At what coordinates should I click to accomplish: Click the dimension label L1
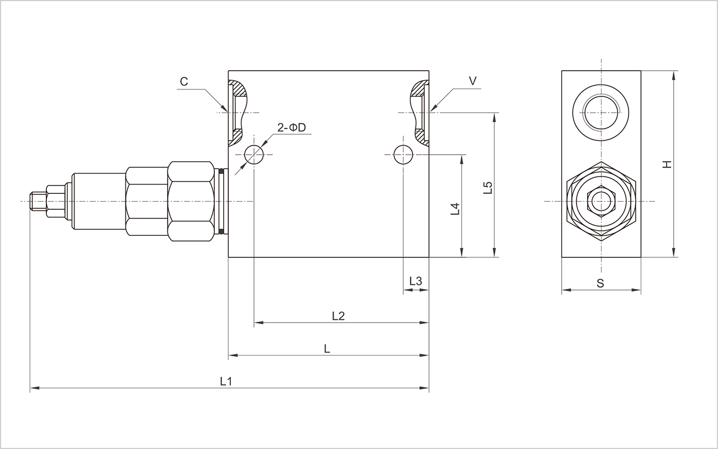225,381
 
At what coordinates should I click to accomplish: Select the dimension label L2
338,315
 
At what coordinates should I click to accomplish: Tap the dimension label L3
415,281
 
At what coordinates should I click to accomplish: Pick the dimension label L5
487,188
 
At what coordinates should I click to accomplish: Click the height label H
667,164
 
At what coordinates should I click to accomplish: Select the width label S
600,283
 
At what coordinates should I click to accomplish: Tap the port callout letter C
184,82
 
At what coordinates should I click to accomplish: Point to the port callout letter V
473,81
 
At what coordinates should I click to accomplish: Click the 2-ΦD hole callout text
291,128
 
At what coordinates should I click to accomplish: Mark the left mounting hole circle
254,155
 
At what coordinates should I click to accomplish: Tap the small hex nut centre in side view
600,201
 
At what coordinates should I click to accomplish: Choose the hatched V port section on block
419,111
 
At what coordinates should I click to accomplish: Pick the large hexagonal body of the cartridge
191,201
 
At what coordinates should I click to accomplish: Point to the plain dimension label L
327,348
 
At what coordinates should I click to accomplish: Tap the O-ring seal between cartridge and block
222,201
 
